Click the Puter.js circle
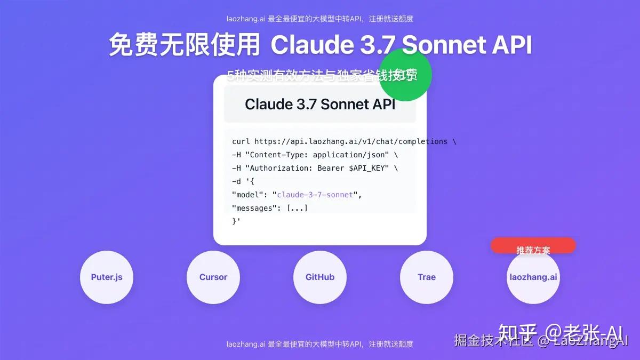[107, 277]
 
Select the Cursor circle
[213, 277]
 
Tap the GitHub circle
[320, 277]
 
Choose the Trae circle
[427, 277]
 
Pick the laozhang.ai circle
[533, 277]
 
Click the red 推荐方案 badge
[533, 246]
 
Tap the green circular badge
[405, 75]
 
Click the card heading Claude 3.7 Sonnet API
[320, 104]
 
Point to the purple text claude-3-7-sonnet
[315, 195]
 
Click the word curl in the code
[241, 141]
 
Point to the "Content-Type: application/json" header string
[317, 155]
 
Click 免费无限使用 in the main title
[185, 45]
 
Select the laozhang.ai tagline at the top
[320, 19]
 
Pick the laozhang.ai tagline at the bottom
[320, 344]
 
